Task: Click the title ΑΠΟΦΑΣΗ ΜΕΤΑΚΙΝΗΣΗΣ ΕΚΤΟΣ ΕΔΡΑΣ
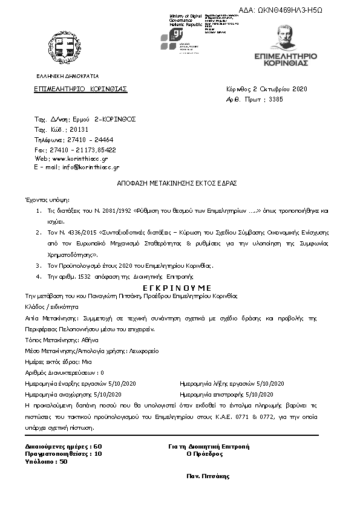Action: pyautogui.click(x=177, y=183)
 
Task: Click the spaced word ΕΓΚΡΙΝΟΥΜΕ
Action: pyautogui.click(x=177, y=287)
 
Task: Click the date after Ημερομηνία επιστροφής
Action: pyautogui.click(x=270, y=394)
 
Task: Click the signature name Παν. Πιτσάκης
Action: pyautogui.click(x=209, y=476)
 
